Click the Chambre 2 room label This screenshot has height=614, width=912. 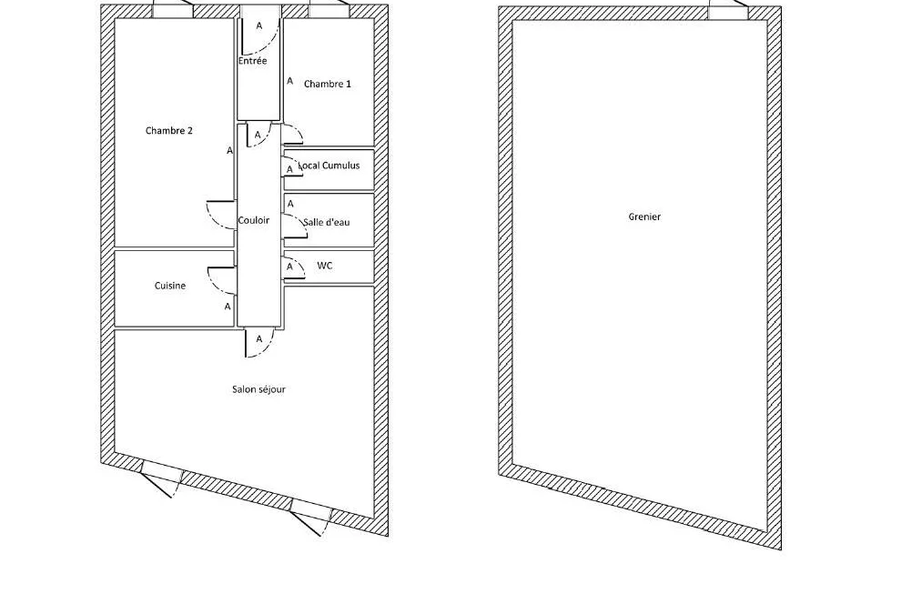(x=168, y=131)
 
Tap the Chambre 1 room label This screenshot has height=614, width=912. (x=328, y=85)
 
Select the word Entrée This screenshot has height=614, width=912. (x=252, y=60)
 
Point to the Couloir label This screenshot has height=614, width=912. (x=254, y=220)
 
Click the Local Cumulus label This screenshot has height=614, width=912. (x=329, y=166)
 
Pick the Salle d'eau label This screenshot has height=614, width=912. (x=326, y=222)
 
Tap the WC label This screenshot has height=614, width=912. (x=325, y=266)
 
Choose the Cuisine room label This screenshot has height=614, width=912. (x=170, y=286)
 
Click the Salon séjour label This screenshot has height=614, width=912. (x=258, y=389)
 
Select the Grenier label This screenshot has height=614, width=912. (x=644, y=216)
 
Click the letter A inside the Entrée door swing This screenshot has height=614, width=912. (x=259, y=26)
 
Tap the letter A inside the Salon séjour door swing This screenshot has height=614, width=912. (x=259, y=339)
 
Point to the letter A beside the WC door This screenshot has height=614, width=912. (x=289, y=267)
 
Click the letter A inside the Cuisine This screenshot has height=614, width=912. (x=228, y=307)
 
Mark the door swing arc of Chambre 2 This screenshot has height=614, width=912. (x=215, y=222)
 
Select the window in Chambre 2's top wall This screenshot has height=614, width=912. (x=173, y=12)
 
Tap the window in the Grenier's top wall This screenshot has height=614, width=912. (x=728, y=13)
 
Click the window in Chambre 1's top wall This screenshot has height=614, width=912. (x=329, y=12)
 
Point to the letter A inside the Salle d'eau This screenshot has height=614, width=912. (x=291, y=204)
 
